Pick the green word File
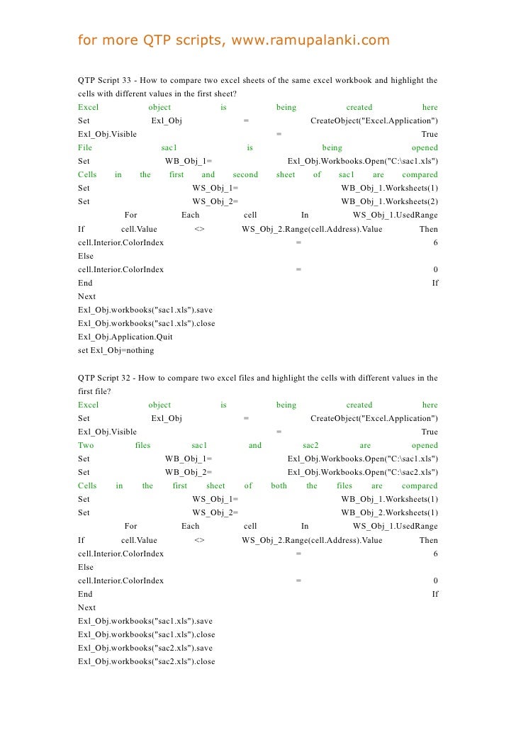click(x=85, y=147)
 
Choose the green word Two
click(x=86, y=446)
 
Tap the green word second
click(x=245, y=174)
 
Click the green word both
click(x=279, y=486)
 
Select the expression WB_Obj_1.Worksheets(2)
click(x=389, y=201)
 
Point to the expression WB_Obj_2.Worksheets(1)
click(x=389, y=513)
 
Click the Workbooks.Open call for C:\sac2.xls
click(x=363, y=473)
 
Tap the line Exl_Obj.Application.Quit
click(x=125, y=337)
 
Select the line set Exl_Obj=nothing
click(x=116, y=350)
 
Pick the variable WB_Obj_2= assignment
click(x=189, y=473)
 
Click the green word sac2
click(x=310, y=446)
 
